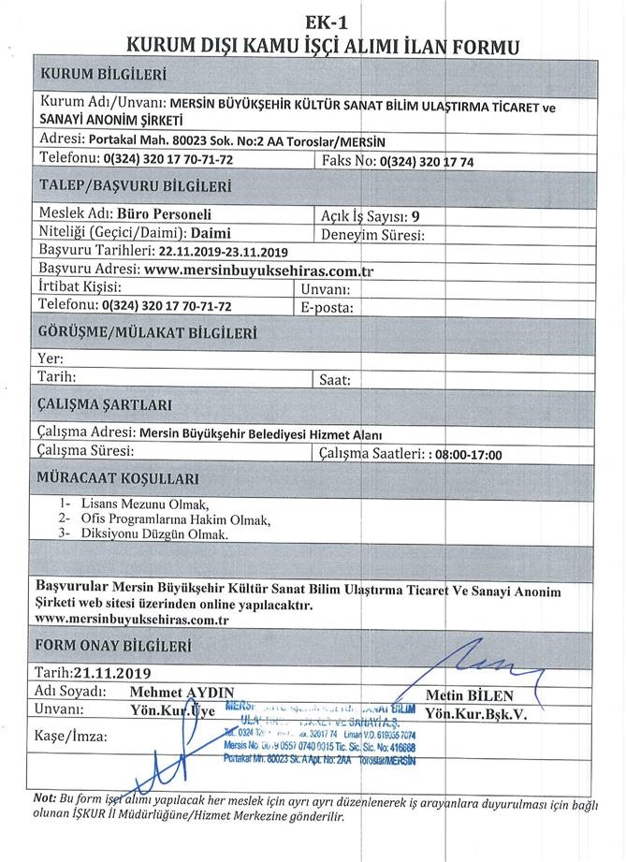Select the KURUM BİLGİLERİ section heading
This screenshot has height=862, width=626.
coord(103,74)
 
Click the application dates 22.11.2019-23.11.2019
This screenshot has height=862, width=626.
coord(223,251)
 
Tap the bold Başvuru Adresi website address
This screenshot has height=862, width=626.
coord(253,270)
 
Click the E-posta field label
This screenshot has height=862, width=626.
coord(327,305)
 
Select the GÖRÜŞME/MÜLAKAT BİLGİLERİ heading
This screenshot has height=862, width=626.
coord(147,332)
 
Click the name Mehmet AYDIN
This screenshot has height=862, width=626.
coord(182,692)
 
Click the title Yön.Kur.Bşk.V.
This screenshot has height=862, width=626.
coord(476,713)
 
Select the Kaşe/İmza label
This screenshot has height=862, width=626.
coord(70,736)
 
